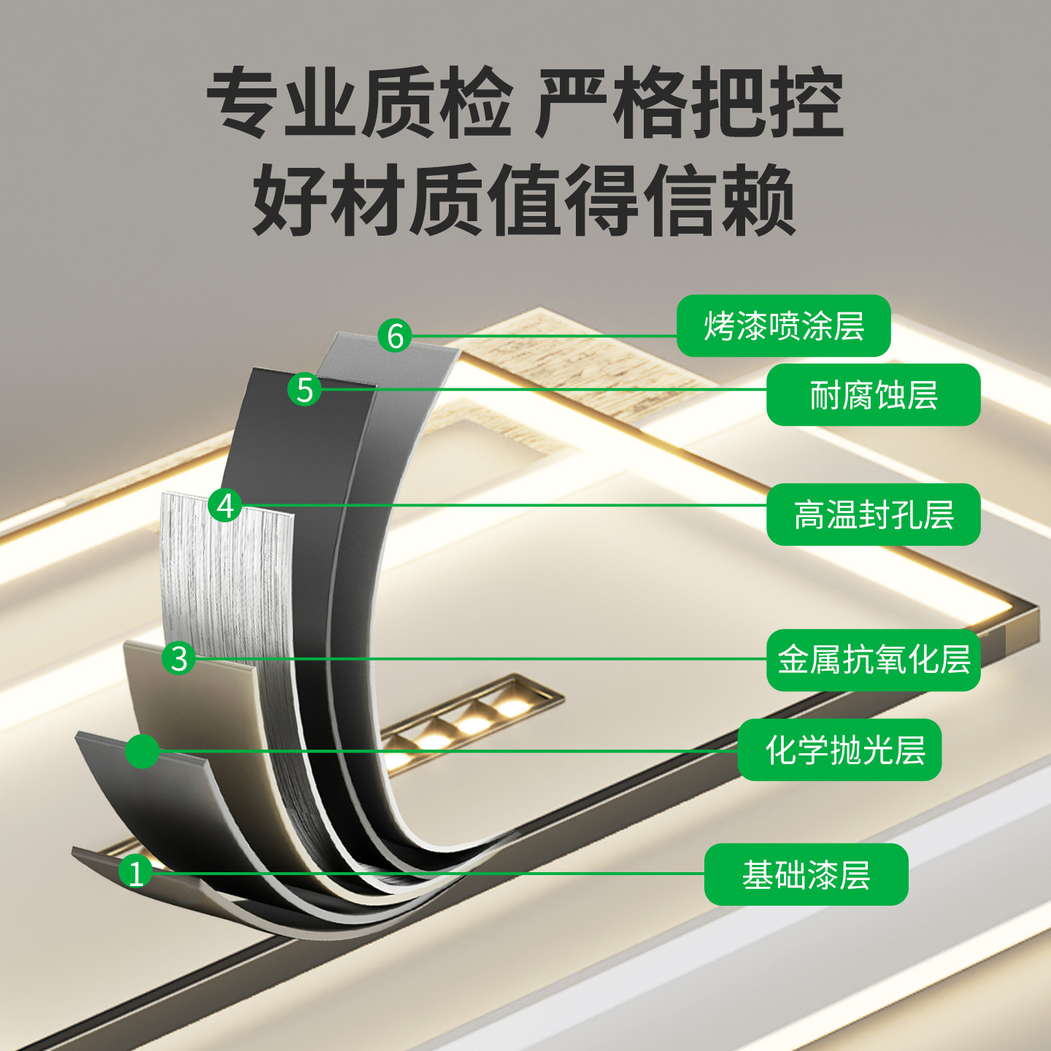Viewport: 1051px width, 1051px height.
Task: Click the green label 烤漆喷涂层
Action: [783, 326]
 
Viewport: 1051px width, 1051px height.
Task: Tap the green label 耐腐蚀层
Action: [873, 394]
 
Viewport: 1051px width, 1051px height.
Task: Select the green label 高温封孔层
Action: [873, 515]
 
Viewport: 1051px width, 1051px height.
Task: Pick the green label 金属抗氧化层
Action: [873, 660]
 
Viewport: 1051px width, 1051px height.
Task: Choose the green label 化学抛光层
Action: [839, 750]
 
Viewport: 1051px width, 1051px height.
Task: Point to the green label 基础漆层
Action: [806, 874]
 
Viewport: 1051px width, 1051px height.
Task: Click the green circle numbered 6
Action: [396, 336]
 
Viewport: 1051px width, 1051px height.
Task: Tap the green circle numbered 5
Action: [304, 390]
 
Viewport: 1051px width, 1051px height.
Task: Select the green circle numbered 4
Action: [226, 506]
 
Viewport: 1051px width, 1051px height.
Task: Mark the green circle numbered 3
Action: [179, 658]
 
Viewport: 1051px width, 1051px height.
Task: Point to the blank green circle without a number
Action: [142, 751]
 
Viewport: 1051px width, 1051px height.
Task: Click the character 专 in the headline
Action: [244, 102]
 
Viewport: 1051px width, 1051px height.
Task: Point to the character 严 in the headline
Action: [571, 102]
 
